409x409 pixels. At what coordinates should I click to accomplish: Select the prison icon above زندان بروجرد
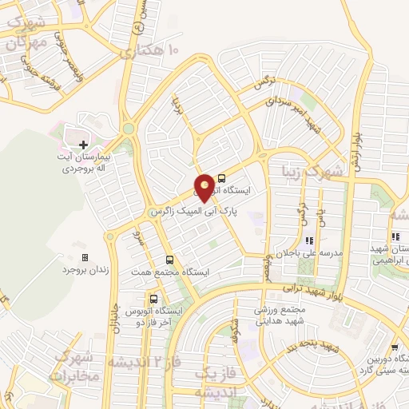(85, 258)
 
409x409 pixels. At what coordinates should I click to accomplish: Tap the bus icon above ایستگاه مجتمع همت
(169, 260)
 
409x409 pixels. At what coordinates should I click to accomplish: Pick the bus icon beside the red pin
(221, 179)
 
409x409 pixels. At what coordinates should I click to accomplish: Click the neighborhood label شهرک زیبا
(317, 171)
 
